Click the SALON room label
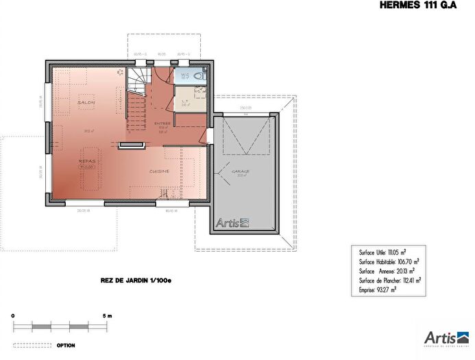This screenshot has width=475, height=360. coord(86,102)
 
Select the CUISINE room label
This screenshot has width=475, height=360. coord(160,171)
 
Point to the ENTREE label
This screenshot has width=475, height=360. coord(163,123)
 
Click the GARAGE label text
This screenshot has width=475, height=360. coord(240,171)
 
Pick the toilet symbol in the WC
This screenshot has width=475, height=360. coord(198,75)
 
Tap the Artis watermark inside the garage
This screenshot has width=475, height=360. coord(233,222)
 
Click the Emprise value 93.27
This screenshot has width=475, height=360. coord(385,290)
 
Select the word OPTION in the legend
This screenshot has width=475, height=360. coord(65,345)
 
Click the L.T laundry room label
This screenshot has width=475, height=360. coord(185,101)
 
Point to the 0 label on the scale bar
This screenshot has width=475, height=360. coord(13,315)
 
